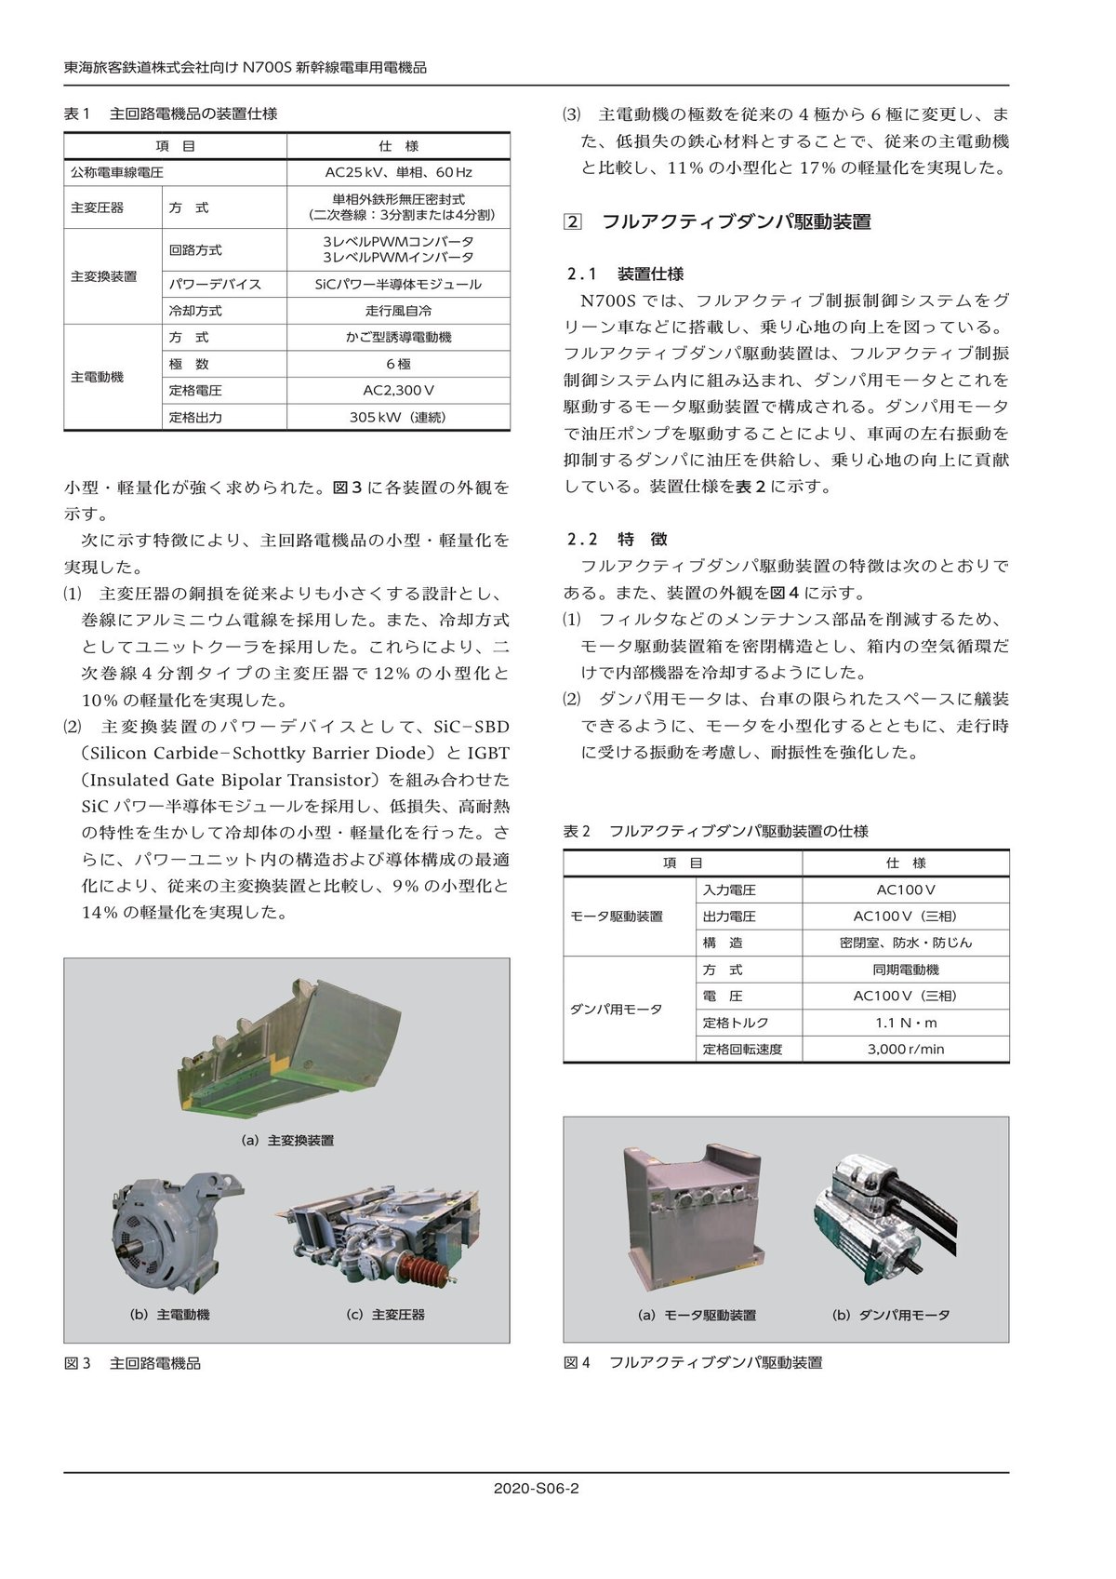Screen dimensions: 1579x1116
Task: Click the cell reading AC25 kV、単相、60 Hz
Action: point(398,173)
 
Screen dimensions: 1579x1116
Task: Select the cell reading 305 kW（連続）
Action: point(398,418)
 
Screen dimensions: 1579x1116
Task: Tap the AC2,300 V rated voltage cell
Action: point(398,391)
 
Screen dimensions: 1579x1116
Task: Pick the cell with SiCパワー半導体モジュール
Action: point(398,285)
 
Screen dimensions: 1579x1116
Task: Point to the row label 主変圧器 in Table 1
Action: point(97,208)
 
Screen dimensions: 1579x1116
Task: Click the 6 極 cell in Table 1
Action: point(398,365)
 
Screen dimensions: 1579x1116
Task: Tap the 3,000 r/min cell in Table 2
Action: point(905,1050)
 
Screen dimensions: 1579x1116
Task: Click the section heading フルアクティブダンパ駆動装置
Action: point(736,222)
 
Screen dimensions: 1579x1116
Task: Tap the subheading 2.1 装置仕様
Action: point(626,274)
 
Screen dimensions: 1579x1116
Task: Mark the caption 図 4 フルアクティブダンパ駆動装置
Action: point(693,1363)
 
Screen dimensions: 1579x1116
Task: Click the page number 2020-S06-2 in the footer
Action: point(537,1488)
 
